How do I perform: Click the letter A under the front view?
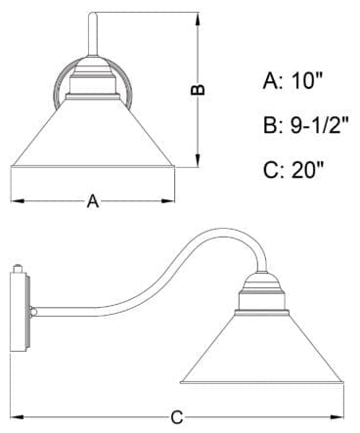tap(93, 201)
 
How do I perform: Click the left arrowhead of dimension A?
tap(15, 201)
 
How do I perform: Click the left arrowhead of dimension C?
tap(15, 415)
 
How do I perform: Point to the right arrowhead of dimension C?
tap(341, 415)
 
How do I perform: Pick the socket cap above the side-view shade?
tap(262, 286)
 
